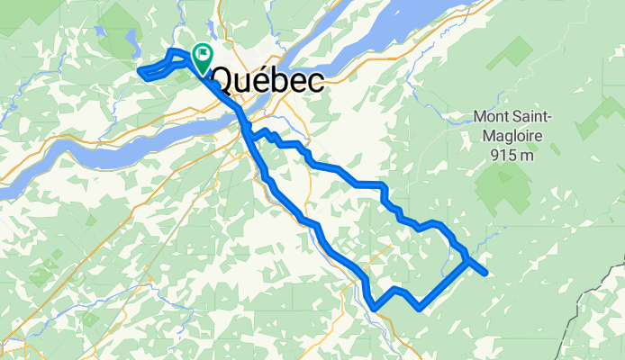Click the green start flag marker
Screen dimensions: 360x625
coord(200,57)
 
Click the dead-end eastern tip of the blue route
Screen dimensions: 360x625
coord(485,273)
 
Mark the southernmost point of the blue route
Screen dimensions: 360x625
coord(374,309)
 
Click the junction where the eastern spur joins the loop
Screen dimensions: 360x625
coord(467,262)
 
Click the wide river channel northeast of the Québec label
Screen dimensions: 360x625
coord(396,40)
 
